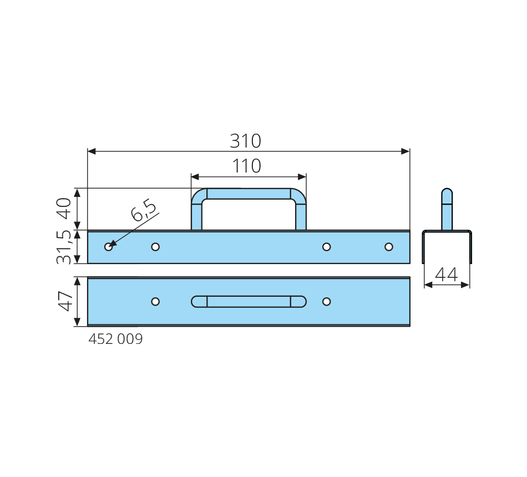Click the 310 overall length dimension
coord(245,141)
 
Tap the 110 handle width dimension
coord(247,166)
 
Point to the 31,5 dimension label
coord(64,247)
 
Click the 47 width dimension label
coord(65,302)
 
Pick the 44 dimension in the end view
coord(447,275)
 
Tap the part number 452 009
coord(115,339)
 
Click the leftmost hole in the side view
coord(108,247)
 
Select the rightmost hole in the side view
coord(389,247)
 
